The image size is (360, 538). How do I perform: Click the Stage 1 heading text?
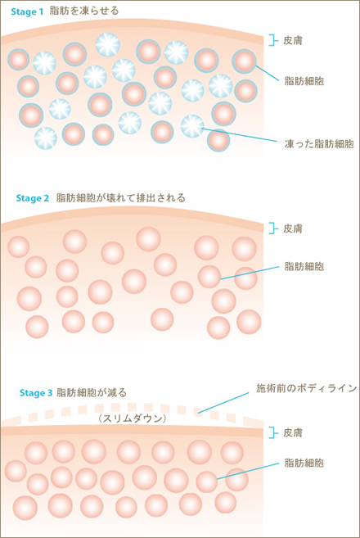(x=27, y=11)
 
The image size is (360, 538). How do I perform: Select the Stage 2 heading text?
(x=33, y=198)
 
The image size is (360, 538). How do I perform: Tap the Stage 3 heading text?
(x=36, y=393)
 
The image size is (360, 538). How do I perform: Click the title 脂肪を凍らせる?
(x=84, y=11)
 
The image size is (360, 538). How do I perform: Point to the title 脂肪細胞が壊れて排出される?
(x=121, y=198)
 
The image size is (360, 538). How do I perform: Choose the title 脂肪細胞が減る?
(x=92, y=392)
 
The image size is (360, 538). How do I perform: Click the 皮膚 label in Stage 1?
(x=293, y=40)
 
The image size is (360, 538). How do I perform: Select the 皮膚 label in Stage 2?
(x=293, y=228)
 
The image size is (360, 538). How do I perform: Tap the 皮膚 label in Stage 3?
(x=293, y=433)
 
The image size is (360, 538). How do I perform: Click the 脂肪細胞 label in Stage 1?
(x=304, y=81)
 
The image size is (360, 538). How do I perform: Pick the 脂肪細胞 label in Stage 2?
(x=304, y=266)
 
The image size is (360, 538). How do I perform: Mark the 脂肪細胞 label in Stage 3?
(x=304, y=463)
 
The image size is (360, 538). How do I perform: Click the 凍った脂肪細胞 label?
(x=319, y=143)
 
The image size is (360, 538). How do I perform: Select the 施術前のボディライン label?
(x=307, y=388)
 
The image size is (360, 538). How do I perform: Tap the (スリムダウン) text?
(x=132, y=418)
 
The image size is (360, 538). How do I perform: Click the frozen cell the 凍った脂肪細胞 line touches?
(x=192, y=126)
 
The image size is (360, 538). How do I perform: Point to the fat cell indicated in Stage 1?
(x=244, y=61)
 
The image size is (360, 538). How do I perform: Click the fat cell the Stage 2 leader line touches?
(x=209, y=277)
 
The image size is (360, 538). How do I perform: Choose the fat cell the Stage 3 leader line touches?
(x=207, y=481)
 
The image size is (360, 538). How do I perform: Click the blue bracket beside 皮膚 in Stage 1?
(x=273, y=40)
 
